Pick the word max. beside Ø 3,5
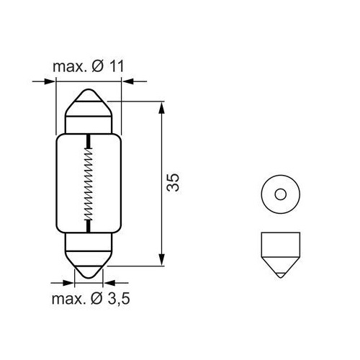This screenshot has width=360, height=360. pos(68,297)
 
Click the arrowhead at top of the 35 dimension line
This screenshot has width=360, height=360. pos(161,107)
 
